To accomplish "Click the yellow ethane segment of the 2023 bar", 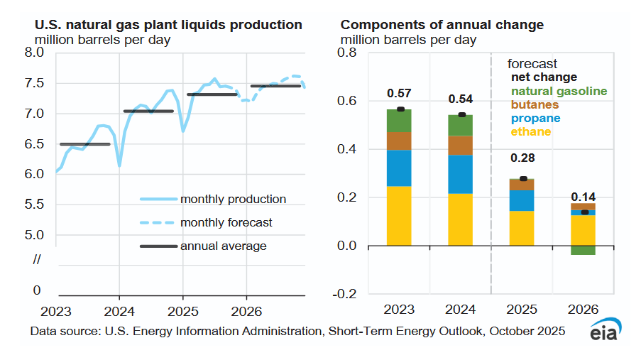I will click(x=399, y=216).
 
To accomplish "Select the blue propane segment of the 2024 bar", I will click(x=461, y=174).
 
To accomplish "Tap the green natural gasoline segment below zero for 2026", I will click(x=583, y=251).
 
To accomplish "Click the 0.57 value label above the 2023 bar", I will click(x=400, y=94).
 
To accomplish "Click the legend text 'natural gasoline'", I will click(x=559, y=91).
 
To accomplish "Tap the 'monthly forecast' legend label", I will click(x=226, y=222).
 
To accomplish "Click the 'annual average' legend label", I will click(x=224, y=246).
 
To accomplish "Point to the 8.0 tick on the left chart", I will click(x=35, y=53).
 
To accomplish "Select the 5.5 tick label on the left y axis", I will click(x=35, y=204).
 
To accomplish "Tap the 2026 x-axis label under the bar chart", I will click(x=583, y=310).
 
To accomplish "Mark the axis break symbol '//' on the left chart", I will click(x=37, y=260).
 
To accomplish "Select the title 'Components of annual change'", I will click(x=442, y=25).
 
